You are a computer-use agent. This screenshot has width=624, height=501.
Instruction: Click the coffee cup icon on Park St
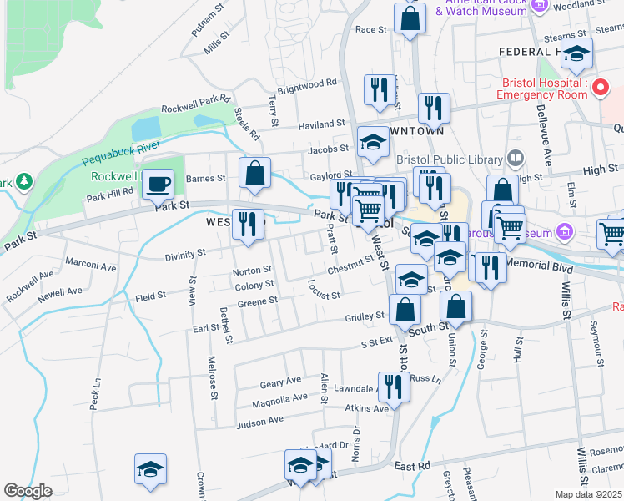(x=157, y=184)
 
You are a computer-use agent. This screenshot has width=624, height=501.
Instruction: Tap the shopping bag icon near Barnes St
(x=255, y=173)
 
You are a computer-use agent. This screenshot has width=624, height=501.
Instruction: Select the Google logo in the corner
(x=28, y=491)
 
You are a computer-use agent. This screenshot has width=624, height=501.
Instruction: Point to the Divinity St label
(x=184, y=253)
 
